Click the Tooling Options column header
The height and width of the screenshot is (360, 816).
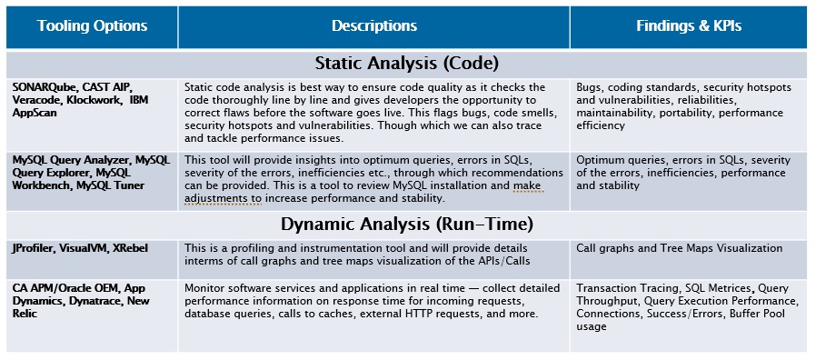coord(91,25)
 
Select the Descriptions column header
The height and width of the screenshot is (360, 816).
coord(373,25)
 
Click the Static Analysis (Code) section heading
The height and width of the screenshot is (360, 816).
coord(407,64)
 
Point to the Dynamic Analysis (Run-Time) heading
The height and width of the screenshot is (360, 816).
coord(406,224)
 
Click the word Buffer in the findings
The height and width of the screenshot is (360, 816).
coord(742,315)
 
